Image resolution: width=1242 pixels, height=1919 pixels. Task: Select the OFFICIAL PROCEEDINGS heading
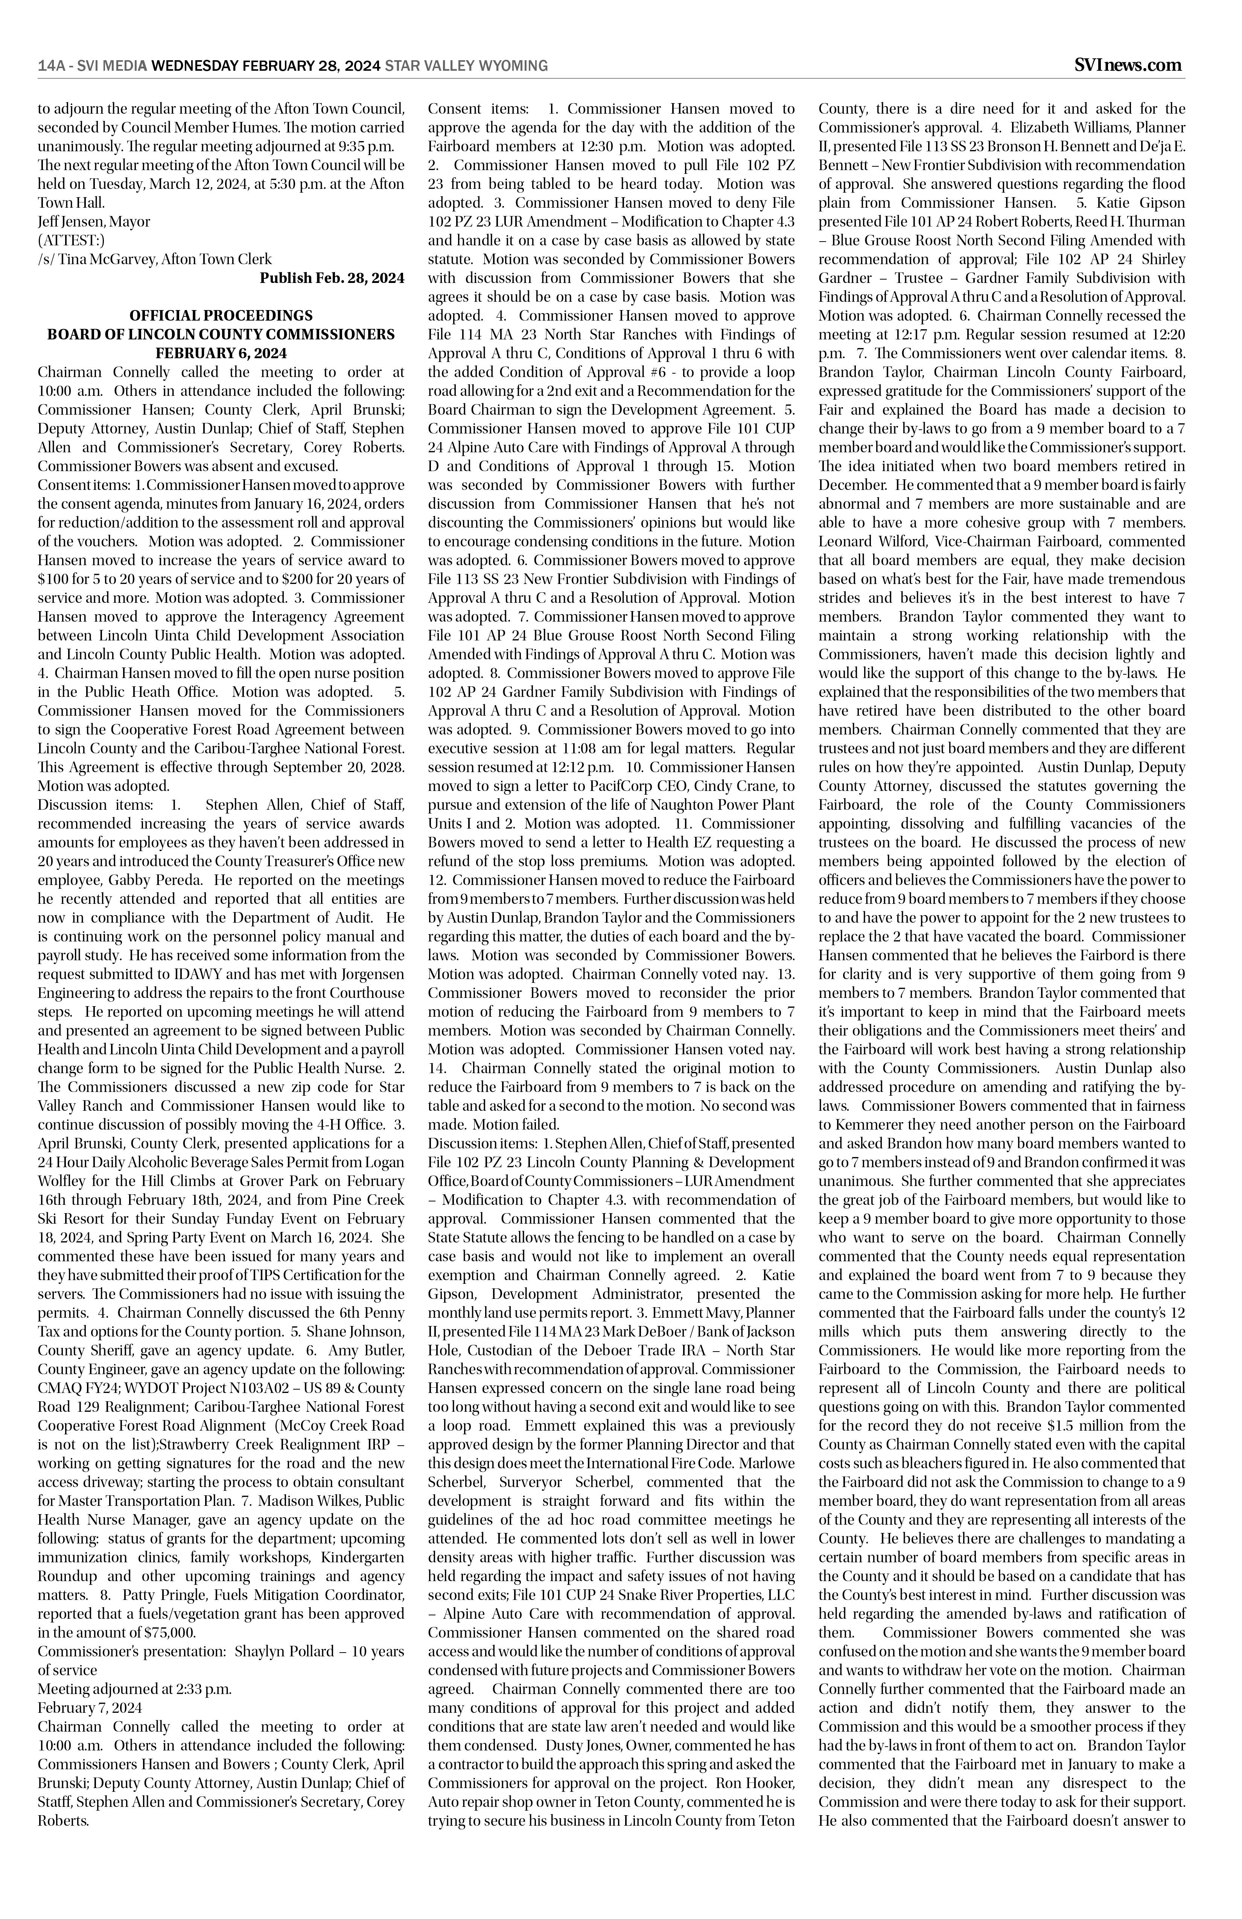[x=221, y=315]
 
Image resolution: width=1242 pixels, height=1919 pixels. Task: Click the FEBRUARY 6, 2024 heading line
[x=221, y=353]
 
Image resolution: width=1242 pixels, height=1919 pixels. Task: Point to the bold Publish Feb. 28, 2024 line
[x=332, y=278]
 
